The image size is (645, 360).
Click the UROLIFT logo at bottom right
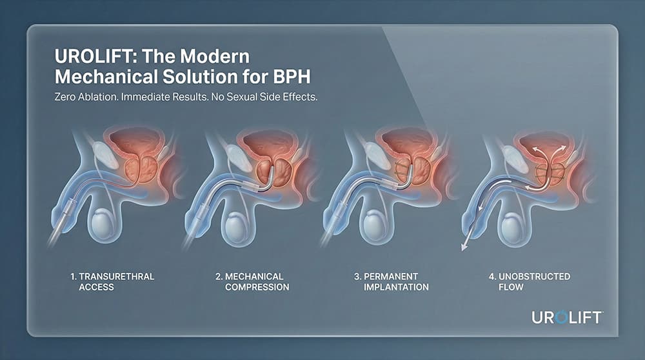pos(567,317)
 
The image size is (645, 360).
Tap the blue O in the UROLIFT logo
pos(561,317)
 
